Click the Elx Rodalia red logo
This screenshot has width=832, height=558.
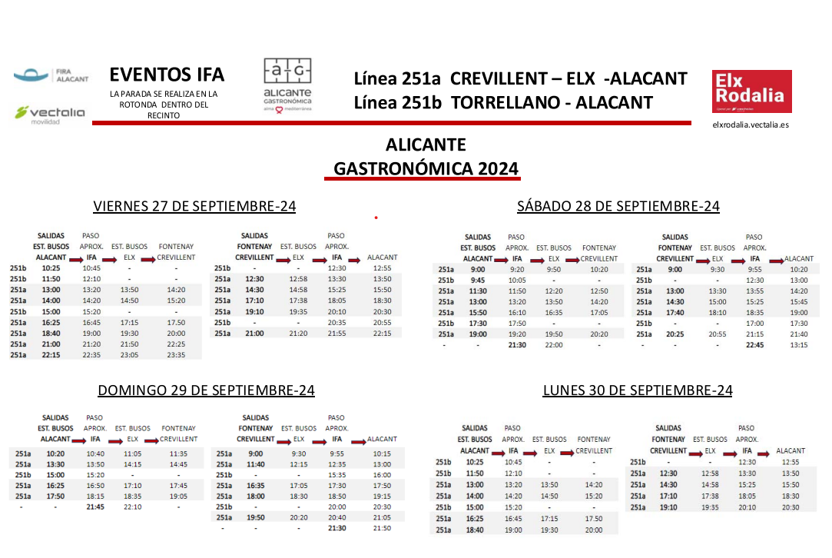click(751, 91)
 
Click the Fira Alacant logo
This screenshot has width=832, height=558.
click(51, 76)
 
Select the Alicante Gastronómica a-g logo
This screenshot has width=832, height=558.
click(287, 85)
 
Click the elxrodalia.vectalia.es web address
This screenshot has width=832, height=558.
click(751, 124)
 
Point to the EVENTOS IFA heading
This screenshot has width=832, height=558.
click(167, 75)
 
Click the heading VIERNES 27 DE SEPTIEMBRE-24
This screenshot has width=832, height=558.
click(194, 206)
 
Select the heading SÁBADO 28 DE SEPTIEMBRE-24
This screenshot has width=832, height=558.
click(618, 206)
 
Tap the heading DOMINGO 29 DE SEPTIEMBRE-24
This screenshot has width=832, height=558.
click(206, 390)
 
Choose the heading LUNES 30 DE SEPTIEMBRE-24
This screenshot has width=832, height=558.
click(637, 390)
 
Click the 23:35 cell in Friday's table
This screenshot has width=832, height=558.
click(176, 355)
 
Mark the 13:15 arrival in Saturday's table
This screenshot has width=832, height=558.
click(798, 345)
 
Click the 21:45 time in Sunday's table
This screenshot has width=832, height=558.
click(95, 507)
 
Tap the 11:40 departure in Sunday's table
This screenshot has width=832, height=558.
click(256, 464)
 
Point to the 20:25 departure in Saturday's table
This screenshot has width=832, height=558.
click(675, 334)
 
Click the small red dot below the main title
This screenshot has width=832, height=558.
click(376, 218)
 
